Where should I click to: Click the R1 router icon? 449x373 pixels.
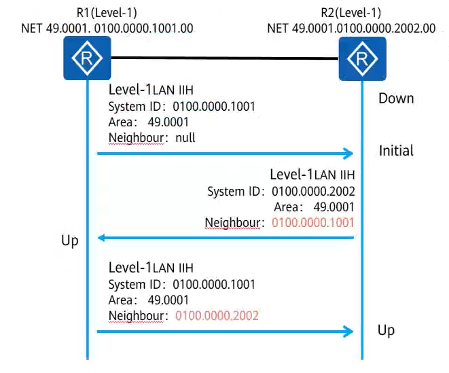point(87,58)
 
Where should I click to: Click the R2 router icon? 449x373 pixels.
point(362,58)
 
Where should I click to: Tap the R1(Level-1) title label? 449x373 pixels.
point(107,13)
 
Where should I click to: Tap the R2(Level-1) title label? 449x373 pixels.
point(351,13)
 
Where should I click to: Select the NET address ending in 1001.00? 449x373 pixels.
point(107,29)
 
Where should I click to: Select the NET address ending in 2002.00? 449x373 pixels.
point(351,29)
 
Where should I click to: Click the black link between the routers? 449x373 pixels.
point(225,58)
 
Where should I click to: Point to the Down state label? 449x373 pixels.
point(396,99)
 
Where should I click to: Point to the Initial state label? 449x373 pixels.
point(396,151)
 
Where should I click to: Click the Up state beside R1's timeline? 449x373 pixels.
point(70,241)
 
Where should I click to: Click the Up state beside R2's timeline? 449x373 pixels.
point(387,330)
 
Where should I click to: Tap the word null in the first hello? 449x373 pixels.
point(185,138)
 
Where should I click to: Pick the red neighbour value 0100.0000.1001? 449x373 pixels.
point(313,223)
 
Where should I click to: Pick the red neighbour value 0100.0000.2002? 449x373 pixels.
point(217,316)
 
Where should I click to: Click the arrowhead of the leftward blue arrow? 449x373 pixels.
point(102,238)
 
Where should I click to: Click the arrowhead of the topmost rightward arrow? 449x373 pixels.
point(348,154)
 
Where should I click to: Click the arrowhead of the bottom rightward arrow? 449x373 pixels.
point(348,332)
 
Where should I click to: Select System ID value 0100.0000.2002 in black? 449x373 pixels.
point(313,192)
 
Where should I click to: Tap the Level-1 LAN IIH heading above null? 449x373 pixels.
point(151,90)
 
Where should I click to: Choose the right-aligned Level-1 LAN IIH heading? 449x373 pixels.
point(312,175)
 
